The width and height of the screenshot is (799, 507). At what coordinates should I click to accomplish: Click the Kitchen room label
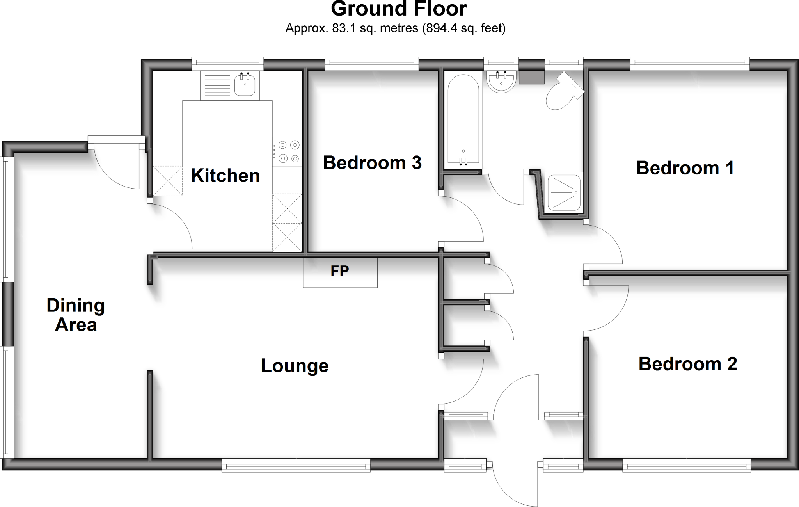click(225, 176)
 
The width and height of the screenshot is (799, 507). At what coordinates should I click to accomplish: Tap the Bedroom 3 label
click(372, 163)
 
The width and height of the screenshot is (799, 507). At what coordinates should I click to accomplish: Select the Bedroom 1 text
click(685, 168)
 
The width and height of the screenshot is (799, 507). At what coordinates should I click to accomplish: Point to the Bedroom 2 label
click(687, 364)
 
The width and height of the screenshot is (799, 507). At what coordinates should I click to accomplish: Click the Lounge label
click(295, 366)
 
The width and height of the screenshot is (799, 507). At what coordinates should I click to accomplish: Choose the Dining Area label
click(76, 315)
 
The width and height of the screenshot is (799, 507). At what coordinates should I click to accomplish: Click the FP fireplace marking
click(340, 271)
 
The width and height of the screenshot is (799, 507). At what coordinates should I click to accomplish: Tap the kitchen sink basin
click(245, 85)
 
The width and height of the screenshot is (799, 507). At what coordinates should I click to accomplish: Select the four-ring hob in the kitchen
click(287, 152)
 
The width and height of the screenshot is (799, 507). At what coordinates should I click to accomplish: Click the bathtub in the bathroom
click(463, 121)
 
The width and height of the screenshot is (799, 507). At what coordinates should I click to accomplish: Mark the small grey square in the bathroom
click(531, 78)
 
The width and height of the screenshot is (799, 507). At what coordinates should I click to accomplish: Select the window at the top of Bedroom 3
click(372, 63)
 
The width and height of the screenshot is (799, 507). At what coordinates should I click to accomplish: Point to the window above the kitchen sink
click(228, 63)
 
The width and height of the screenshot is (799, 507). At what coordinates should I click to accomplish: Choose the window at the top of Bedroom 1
click(690, 63)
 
